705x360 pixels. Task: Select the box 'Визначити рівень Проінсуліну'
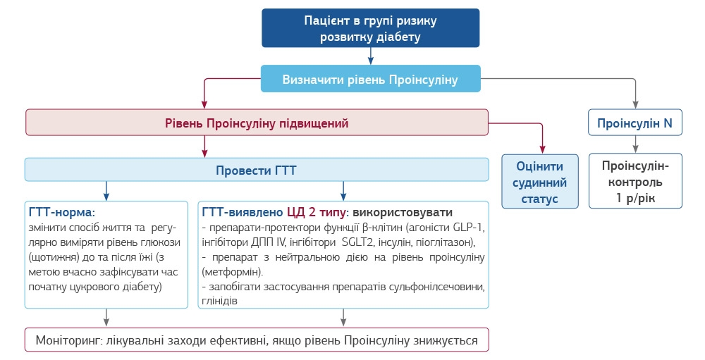[370, 79]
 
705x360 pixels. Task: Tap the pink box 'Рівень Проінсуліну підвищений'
[257, 123]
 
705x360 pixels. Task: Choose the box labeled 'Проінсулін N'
[634, 123]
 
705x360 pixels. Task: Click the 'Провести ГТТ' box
[257, 170]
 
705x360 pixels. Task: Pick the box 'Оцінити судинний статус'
[540, 182]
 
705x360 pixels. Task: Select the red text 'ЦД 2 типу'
[314, 212]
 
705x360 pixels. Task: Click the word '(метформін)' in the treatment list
[232, 271]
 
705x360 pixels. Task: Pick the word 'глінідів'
[219, 301]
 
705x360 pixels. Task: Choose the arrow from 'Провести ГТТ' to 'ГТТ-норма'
[106, 190]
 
